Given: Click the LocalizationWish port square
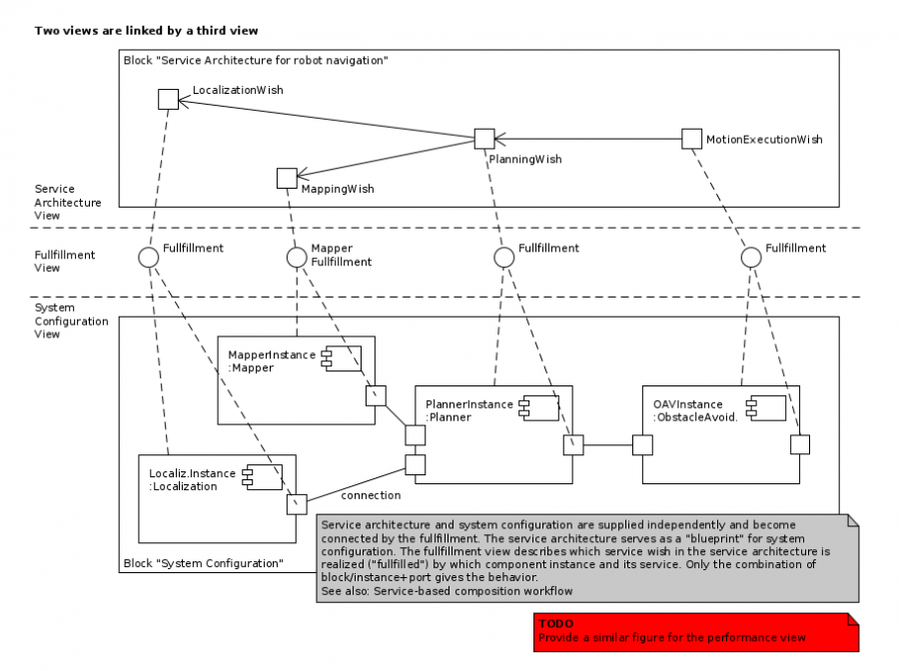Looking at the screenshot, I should coord(168,99).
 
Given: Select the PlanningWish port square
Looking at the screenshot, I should coord(484,140).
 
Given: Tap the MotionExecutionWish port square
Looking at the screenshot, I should coord(691,139).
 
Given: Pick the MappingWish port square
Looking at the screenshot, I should coord(287,178).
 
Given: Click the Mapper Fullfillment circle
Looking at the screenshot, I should coord(296,258).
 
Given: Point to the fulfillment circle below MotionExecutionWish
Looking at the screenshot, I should coord(751,258).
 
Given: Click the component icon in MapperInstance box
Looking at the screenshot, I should coord(332,358).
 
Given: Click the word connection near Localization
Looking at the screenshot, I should coord(371,495).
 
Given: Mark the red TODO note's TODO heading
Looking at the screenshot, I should coord(555,623).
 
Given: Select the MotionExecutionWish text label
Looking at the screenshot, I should coord(764,140).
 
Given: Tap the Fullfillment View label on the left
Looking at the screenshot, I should coord(65,261).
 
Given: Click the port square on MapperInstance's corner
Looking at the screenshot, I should coord(375,395).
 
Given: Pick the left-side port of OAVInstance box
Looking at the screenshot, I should coord(642,444).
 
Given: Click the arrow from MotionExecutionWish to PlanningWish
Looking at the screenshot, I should coord(588,140).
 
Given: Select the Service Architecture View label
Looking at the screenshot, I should coord(68,202).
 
